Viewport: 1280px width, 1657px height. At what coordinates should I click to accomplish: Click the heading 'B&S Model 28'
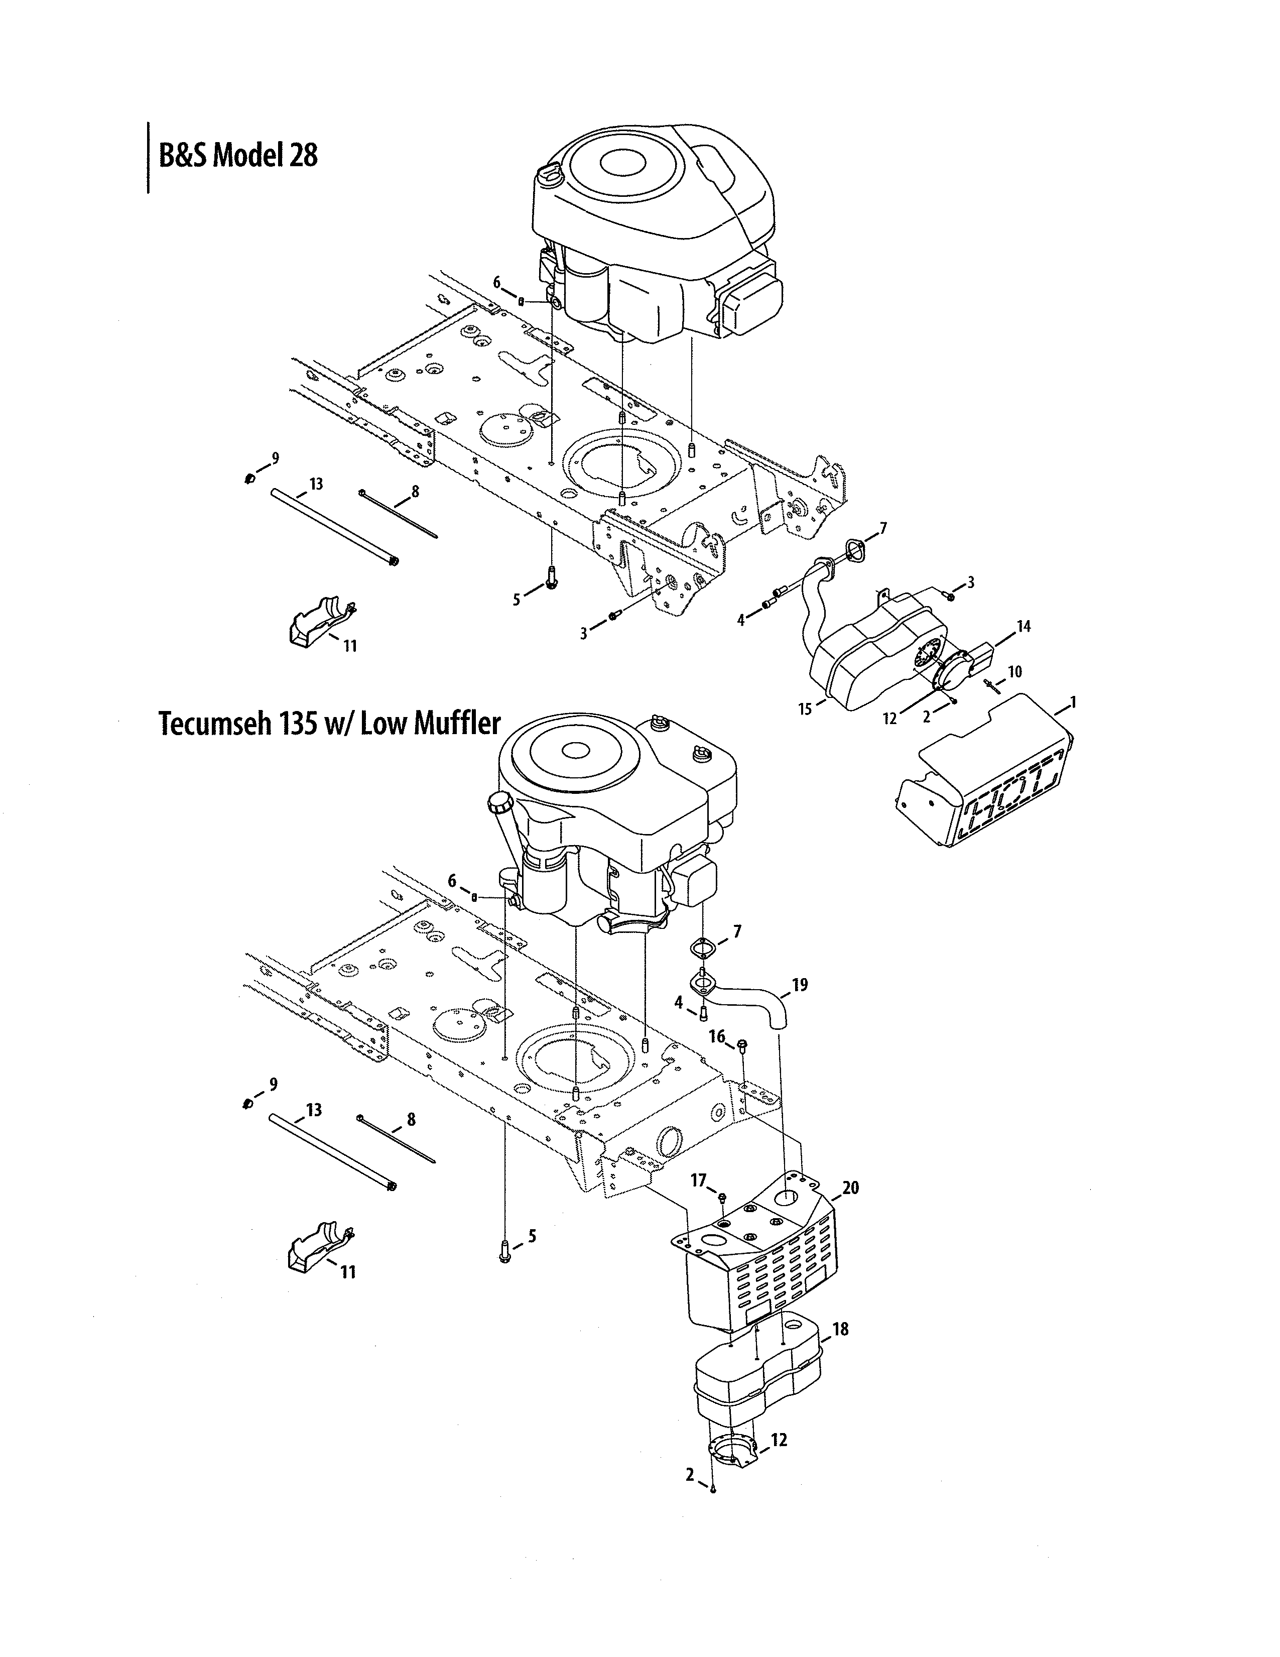237,156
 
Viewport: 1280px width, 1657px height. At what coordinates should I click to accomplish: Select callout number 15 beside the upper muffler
805,708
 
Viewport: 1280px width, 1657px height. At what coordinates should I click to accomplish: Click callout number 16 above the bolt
717,1036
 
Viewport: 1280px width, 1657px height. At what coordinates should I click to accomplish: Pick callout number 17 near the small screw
698,1180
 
